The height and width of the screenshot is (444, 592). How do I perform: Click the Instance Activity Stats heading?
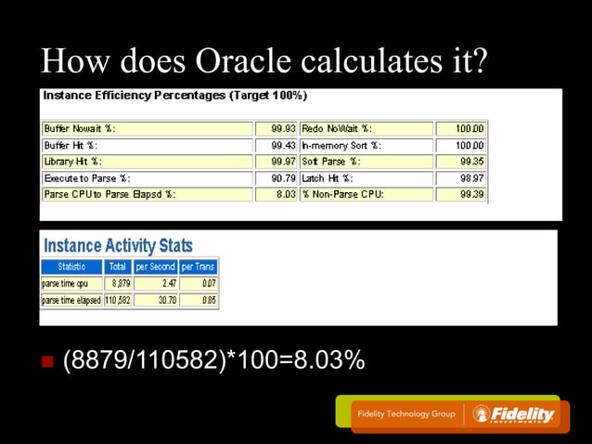tap(119, 245)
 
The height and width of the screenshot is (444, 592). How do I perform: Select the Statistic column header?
tap(71, 267)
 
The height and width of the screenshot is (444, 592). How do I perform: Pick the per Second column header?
tap(156, 267)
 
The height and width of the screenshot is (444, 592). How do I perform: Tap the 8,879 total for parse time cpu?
tap(121, 282)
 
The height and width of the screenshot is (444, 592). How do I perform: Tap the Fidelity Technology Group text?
tap(406, 414)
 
